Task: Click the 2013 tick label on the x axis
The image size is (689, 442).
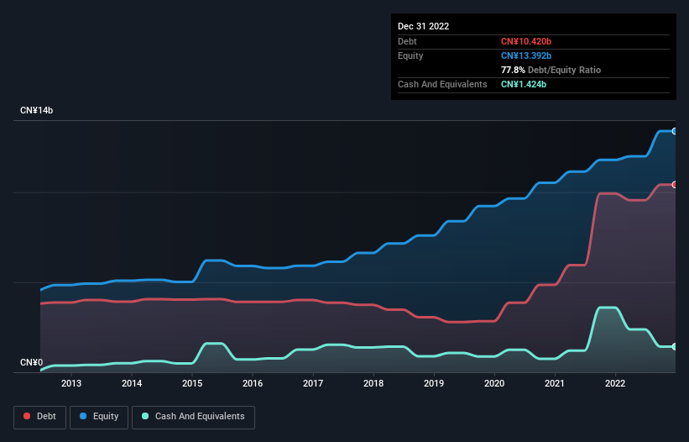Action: [71, 384]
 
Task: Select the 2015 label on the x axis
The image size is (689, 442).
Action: [192, 384]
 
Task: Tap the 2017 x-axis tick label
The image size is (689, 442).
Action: [313, 384]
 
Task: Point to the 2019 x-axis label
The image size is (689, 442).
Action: [434, 384]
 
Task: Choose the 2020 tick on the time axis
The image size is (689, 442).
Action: [494, 384]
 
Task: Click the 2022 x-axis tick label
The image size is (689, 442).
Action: [615, 384]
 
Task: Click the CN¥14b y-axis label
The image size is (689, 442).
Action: [38, 111]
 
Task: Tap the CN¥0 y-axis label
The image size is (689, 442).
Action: [31, 363]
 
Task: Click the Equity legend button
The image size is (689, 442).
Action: [101, 417]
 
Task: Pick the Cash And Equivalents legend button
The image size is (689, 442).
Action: [193, 417]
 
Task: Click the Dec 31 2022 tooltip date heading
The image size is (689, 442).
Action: [424, 26]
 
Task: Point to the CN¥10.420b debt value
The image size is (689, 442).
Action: [525, 41]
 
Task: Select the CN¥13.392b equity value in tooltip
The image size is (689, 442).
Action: [525, 55]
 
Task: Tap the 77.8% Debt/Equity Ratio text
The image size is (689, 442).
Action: [551, 70]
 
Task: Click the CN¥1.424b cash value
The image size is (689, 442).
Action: [523, 84]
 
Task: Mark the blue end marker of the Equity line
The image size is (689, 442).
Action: [674, 131]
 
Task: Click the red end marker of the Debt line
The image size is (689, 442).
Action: [674, 184]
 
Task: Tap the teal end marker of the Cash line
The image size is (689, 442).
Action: [674, 346]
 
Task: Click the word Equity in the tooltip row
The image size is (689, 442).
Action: [410, 55]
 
